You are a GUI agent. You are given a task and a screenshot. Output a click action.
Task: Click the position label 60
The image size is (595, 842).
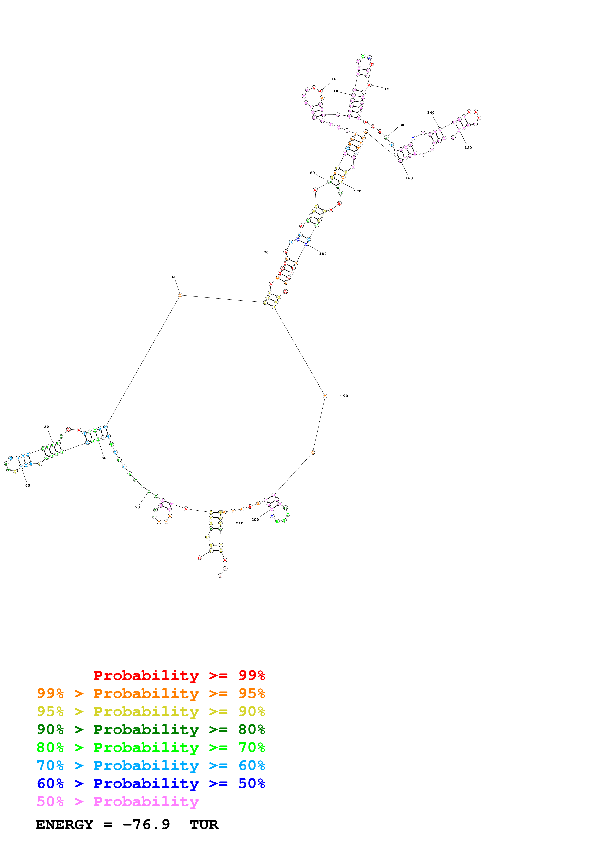(174, 277)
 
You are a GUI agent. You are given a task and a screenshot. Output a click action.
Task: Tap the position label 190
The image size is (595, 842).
(344, 396)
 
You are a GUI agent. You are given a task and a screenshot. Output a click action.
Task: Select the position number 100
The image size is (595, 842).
(335, 79)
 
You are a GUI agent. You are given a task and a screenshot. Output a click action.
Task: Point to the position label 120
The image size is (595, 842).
(388, 89)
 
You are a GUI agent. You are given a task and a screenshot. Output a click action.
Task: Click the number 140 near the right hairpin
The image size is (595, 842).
(431, 113)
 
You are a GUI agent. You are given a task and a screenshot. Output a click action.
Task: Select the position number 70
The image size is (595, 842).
(266, 252)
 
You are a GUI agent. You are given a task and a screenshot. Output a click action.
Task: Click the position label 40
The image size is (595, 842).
(28, 485)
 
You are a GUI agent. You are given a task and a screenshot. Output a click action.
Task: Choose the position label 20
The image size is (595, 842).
(138, 507)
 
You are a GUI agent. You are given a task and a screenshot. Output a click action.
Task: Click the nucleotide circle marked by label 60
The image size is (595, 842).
(180, 295)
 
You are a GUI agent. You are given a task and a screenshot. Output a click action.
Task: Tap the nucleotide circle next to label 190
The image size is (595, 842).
(325, 396)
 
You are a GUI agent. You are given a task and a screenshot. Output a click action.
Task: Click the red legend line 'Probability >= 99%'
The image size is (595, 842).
(179, 675)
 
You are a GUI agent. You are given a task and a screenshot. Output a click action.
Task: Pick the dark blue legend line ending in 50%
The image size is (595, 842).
(151, 783)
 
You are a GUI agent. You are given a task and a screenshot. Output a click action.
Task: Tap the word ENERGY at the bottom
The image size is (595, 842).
(65, 825)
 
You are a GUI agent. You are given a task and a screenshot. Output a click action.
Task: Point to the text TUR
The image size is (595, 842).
(204, 825)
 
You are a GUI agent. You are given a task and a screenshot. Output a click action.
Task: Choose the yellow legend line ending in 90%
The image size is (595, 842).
(151, 711)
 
